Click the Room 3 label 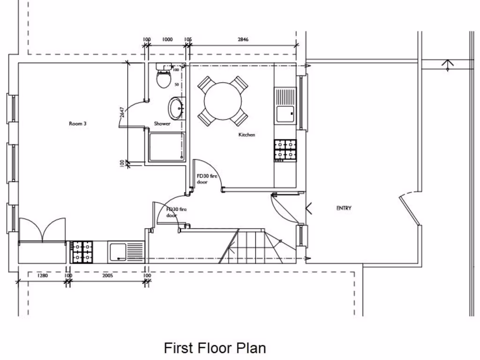(78, 124)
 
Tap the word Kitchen (247, 135)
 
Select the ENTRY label (344, 208)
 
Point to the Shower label (162, 124)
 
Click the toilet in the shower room (163, 78)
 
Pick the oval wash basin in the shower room (177, 108)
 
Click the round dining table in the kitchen (223, 101)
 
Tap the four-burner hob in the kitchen (285, 150)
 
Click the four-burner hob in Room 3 (82, 252)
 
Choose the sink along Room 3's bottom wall (126, 252)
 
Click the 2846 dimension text (243, 40)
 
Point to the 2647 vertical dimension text (122, 112)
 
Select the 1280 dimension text (42, 276)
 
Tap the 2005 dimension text (107, 276)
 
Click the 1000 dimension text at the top (167, 40)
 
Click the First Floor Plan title (215, 348)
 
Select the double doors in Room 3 (42, 231)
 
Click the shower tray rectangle (166, 147)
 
